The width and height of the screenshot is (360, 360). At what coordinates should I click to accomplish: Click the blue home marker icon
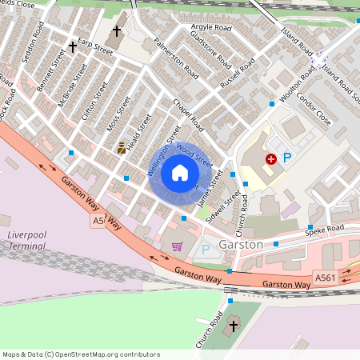[180, 173]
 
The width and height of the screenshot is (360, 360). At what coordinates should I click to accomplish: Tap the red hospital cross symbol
[271, 159]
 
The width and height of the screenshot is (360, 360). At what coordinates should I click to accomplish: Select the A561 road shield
[325, 278]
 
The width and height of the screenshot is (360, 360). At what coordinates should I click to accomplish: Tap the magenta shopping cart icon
[177, 246]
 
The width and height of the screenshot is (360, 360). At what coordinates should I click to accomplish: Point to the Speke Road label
[327, 228]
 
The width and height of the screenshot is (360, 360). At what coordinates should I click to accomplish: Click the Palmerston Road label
[175, 57]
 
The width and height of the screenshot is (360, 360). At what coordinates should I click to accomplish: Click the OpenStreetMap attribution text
[81, 354]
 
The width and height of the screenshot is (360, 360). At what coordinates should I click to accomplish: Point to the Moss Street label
[118, 117]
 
